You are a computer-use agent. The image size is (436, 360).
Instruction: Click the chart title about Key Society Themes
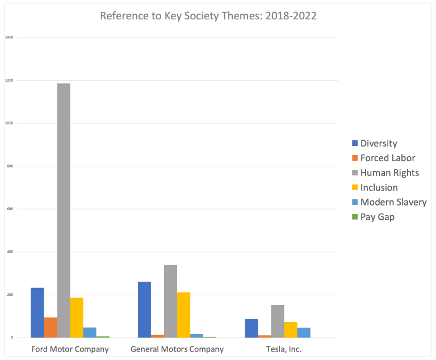click(208, 16)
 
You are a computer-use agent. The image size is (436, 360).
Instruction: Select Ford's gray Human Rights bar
click(64, 211)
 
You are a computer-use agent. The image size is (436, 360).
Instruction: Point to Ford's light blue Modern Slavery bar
click(90, 333)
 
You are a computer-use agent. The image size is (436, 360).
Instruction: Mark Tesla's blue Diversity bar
click(251, 328)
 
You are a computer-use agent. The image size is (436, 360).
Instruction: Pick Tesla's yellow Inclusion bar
click(291, 330)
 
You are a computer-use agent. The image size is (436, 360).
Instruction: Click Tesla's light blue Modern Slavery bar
click(304, 333)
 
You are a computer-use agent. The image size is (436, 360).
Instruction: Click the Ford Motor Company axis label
click(70, 349)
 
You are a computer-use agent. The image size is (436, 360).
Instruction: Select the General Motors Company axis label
click(177, 349)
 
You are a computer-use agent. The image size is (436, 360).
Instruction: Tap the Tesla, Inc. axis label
click(284, 349)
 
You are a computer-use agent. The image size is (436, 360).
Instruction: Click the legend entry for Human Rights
click(389, 173)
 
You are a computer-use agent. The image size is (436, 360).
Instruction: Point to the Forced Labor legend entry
click(387, 158)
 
